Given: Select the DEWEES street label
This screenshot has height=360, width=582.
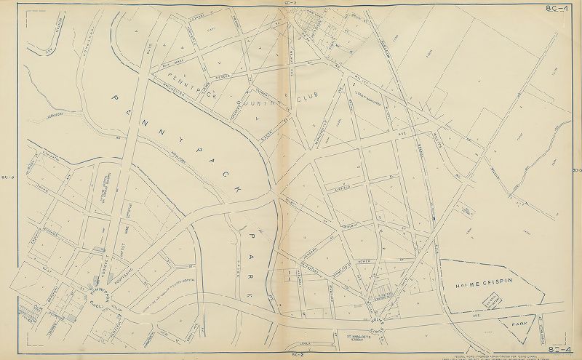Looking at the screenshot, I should (x=222, y=74).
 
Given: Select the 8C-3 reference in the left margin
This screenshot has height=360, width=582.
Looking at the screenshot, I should (x=7, y=177).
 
